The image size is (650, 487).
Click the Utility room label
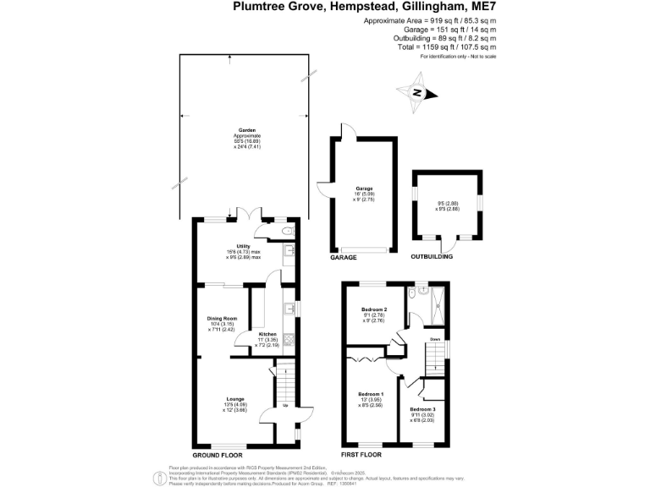click(244, 246)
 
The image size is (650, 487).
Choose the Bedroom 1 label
click(370, 395)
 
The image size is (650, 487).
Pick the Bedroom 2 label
click(374, 309)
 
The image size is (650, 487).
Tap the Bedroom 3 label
click(422, 409)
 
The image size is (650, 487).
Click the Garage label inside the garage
click(364, 189)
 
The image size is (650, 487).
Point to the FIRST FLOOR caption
click(361, 454)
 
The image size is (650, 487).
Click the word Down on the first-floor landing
click(434, 340)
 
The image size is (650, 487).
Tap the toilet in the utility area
click(288, 230)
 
